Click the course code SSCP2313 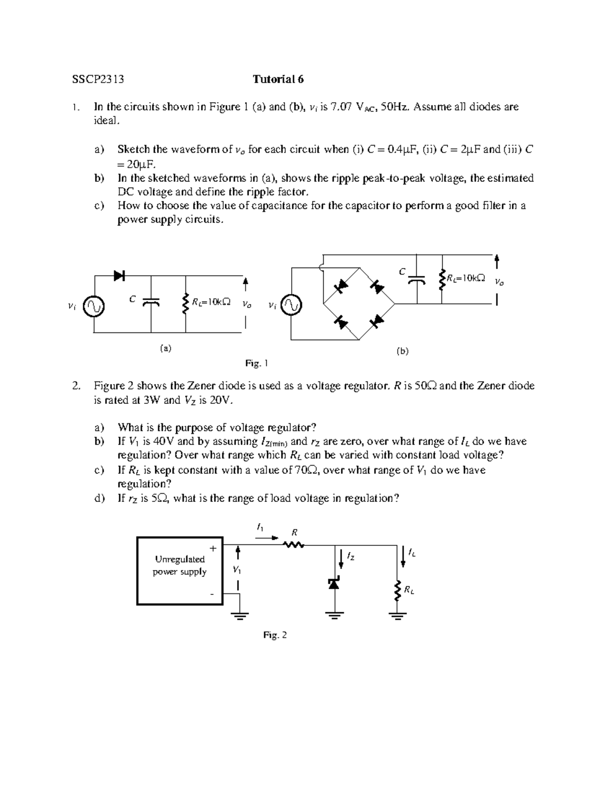coord(98,79)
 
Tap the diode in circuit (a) coord(120,276)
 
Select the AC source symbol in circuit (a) coord(95,306)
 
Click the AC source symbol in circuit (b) coord(292,306)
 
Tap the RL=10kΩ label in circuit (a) coord(210,302)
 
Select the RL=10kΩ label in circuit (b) coord(465,278)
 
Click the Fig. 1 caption coord(256,364)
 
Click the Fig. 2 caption coord(275,635)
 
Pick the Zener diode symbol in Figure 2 coord(334,584)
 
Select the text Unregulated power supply coord(180,565)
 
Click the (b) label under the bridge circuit coord(403,351)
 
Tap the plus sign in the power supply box coord(213,548)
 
